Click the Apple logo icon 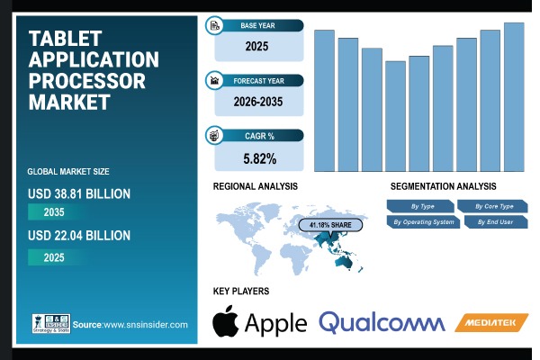pos(226,322)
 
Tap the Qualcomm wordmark pos(382,322)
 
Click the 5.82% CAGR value pos(258,158)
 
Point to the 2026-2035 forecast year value pos(258,102)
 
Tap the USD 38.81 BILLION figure pos(79,193)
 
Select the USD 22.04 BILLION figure pos(79,235)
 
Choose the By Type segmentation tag pos(422,206)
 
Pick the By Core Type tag pos(491,206)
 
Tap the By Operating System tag pos(422,221)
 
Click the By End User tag pos(491,221)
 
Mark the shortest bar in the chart pos(395,116)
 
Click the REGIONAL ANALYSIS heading pos(256,185)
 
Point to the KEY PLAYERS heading pos(241,291)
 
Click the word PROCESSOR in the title pos(86,81)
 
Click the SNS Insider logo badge pos(49,323)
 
